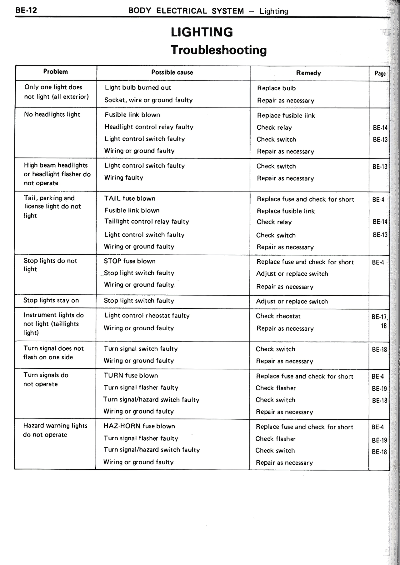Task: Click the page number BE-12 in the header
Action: (x=26, y=10)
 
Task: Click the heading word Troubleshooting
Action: (x=219, y=50)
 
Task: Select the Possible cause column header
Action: (x=172, y=72)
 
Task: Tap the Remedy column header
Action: (x=308, y=73)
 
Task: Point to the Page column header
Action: (x=380, y=74)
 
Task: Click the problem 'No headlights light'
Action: (x=52, y=114)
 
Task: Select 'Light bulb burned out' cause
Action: (x=138, y=88)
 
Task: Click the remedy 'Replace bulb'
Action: (x=276, y=88)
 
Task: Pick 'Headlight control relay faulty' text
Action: (x=149, y=127)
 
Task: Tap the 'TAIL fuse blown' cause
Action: (x=130, y=198)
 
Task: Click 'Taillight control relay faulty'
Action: (x=147, y=222)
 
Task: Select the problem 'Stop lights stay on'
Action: (x=51, y=300)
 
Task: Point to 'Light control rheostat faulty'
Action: (x=147, y=316)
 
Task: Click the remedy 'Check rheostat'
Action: (x=278, y=316)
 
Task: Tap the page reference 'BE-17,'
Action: (x=380, y=317)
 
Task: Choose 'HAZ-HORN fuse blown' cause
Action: (x=139, y=426)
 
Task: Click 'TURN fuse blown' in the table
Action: (x=131, y=376)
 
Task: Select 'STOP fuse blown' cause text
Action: (x=129, y=261)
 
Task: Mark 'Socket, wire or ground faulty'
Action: (x=148, y=100)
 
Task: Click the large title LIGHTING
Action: (x=202, y=32)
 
